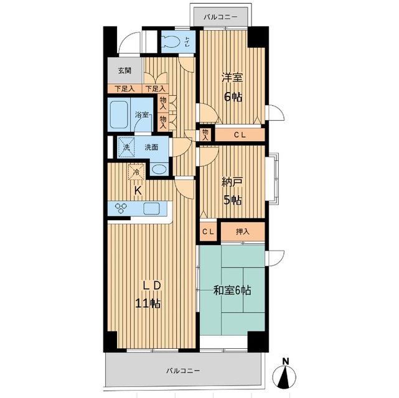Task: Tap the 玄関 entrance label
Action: tap(124, 70)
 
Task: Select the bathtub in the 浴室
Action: tap(119, 114)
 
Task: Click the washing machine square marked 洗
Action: tap(126, 147)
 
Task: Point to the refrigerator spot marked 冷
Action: tap(136, 172)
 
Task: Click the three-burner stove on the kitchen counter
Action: tap(120, 208)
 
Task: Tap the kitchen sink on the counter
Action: tap(151, 208)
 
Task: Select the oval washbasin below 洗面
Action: tap(159, 169)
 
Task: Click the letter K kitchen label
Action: tap(138, 191)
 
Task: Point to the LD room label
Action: tap(152, 286)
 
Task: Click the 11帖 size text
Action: tap(148, 303)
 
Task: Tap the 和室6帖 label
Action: tap(232, 290)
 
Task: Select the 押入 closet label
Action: tap(243, 231)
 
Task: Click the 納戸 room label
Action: tap(232, 182)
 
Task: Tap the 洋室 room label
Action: tap(232, 78)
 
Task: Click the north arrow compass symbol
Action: tap(284, 374)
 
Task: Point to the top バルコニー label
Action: tap(220, 17)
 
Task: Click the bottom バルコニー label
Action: tap(183, 371)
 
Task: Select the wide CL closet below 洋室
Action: tap(240, 135)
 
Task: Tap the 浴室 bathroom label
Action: tap(141, 114)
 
